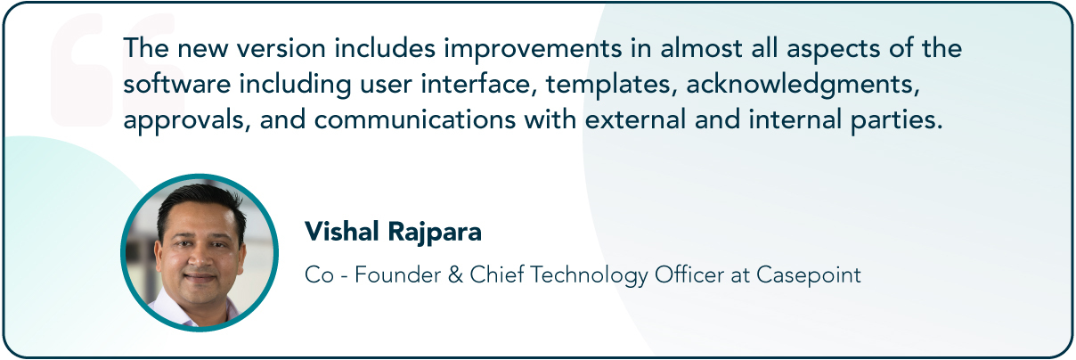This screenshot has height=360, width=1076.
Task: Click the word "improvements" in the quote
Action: pos(533,49)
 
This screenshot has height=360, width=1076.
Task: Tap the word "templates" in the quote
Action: pos(608,85)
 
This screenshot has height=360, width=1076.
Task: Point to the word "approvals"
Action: pos(183,120)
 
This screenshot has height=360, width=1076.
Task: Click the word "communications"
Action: pos(415,119)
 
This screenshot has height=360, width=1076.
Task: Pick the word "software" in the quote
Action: pos(177,84)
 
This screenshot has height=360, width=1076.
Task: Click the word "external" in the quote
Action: pos(635,119)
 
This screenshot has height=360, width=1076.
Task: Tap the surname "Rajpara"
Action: pos(435,233)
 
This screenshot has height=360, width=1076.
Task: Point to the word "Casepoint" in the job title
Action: pos(809,276)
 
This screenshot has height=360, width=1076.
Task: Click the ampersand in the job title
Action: pos(455,275)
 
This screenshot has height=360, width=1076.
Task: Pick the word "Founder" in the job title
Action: pos(398,275)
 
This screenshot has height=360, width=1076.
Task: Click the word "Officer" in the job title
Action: pos(689,275)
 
